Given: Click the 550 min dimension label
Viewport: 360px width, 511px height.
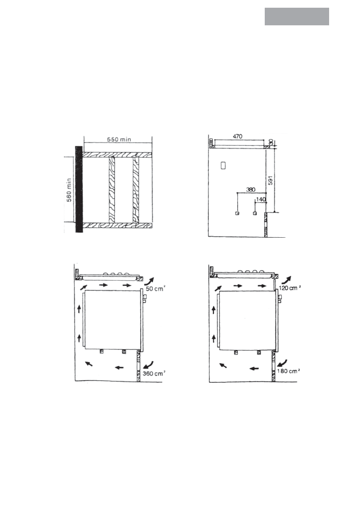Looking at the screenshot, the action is coord(119,139).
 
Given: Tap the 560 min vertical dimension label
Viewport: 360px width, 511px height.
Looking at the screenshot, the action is coord(69,190).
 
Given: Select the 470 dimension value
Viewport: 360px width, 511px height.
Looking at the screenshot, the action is coord(238,136).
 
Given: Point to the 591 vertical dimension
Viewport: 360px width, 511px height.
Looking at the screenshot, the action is coord(270,180).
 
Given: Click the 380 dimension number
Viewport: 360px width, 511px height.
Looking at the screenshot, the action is coord(251,189).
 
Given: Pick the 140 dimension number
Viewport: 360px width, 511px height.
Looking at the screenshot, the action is coord(261,199).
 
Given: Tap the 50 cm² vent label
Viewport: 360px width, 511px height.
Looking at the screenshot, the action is coord(155,288).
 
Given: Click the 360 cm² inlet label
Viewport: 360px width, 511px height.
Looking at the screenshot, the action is coord(154,373).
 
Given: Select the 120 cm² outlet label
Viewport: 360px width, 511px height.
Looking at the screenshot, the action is coord(290,288).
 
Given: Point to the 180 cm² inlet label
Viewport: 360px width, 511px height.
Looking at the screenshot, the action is coord(288,371).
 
